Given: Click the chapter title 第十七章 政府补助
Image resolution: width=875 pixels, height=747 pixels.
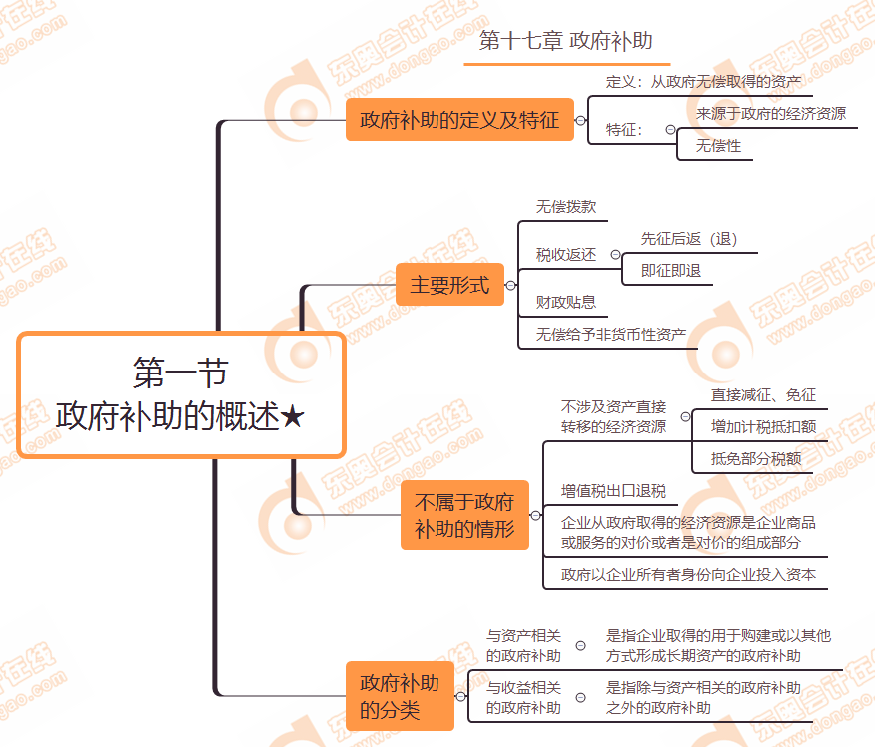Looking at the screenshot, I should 566,41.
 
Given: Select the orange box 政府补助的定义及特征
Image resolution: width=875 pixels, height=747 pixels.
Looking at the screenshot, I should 459,121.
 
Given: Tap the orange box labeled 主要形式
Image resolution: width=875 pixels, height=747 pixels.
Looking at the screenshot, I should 449,285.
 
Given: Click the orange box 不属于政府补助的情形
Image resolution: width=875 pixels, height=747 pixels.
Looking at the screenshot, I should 464,515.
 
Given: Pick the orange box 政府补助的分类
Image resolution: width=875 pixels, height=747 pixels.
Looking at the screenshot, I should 400,696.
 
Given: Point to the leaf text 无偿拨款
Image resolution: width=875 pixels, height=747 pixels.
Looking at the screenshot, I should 566,207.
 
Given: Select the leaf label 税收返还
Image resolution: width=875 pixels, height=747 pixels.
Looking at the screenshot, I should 566,255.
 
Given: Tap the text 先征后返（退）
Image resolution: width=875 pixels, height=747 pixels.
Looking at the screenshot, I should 689,239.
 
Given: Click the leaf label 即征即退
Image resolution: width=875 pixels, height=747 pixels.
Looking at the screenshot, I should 671,270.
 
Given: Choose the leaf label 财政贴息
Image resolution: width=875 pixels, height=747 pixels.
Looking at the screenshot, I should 566,302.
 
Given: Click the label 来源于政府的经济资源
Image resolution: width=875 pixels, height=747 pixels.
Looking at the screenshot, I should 771,114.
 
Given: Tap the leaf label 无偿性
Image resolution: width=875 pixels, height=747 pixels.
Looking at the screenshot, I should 719,146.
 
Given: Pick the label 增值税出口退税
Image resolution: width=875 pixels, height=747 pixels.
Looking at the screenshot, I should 613,491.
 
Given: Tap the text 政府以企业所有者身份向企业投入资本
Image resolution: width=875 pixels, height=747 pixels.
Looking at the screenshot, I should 688,574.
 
